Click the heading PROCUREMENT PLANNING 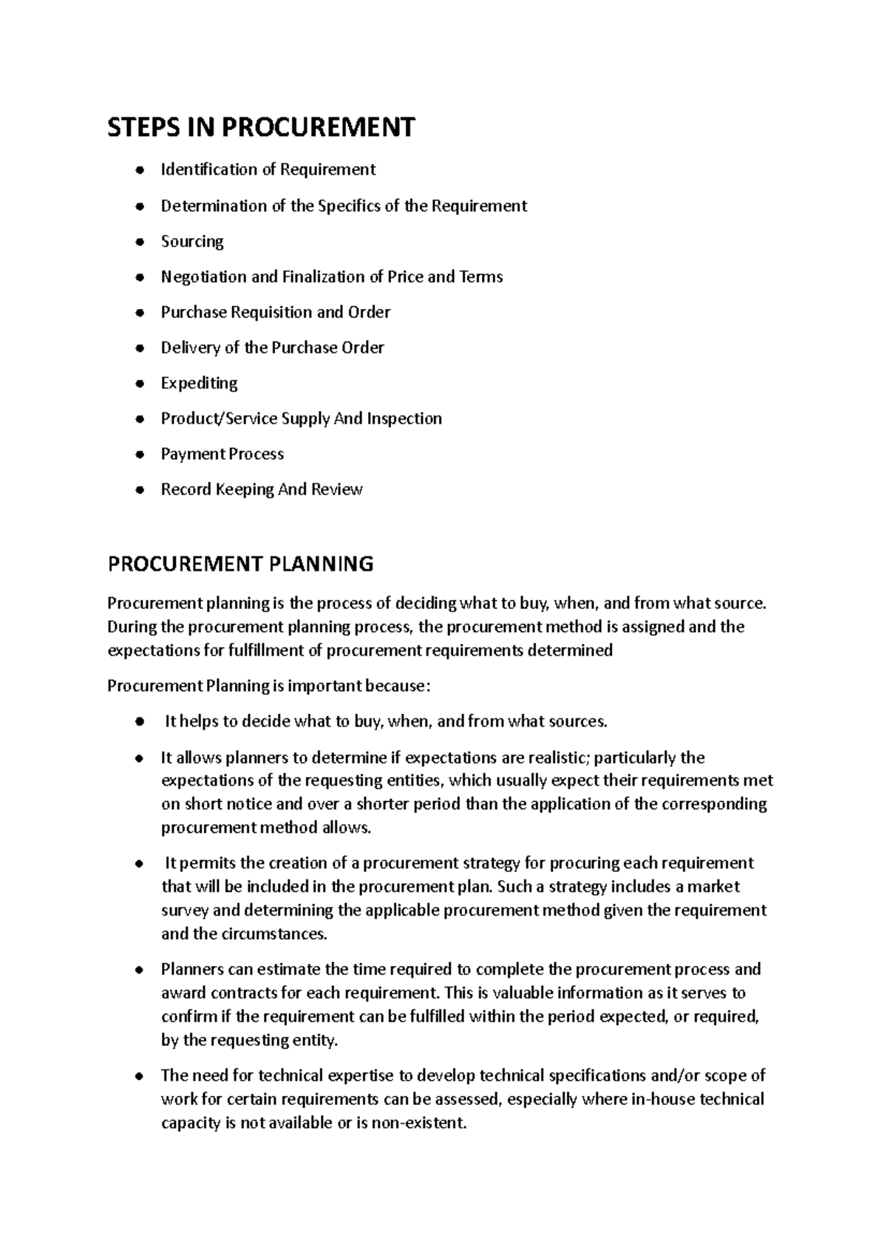[x=240, y=564]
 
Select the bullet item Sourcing [x=192, y=241]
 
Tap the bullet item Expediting [x=200, y=383]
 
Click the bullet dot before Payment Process [x=140, y=455]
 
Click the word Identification [x=210, y=169]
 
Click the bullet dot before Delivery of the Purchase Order [x=140, y=348]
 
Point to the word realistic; [x=555, y=758]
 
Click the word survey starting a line [x=185, y=910]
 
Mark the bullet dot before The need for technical [x=140, y=1076]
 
